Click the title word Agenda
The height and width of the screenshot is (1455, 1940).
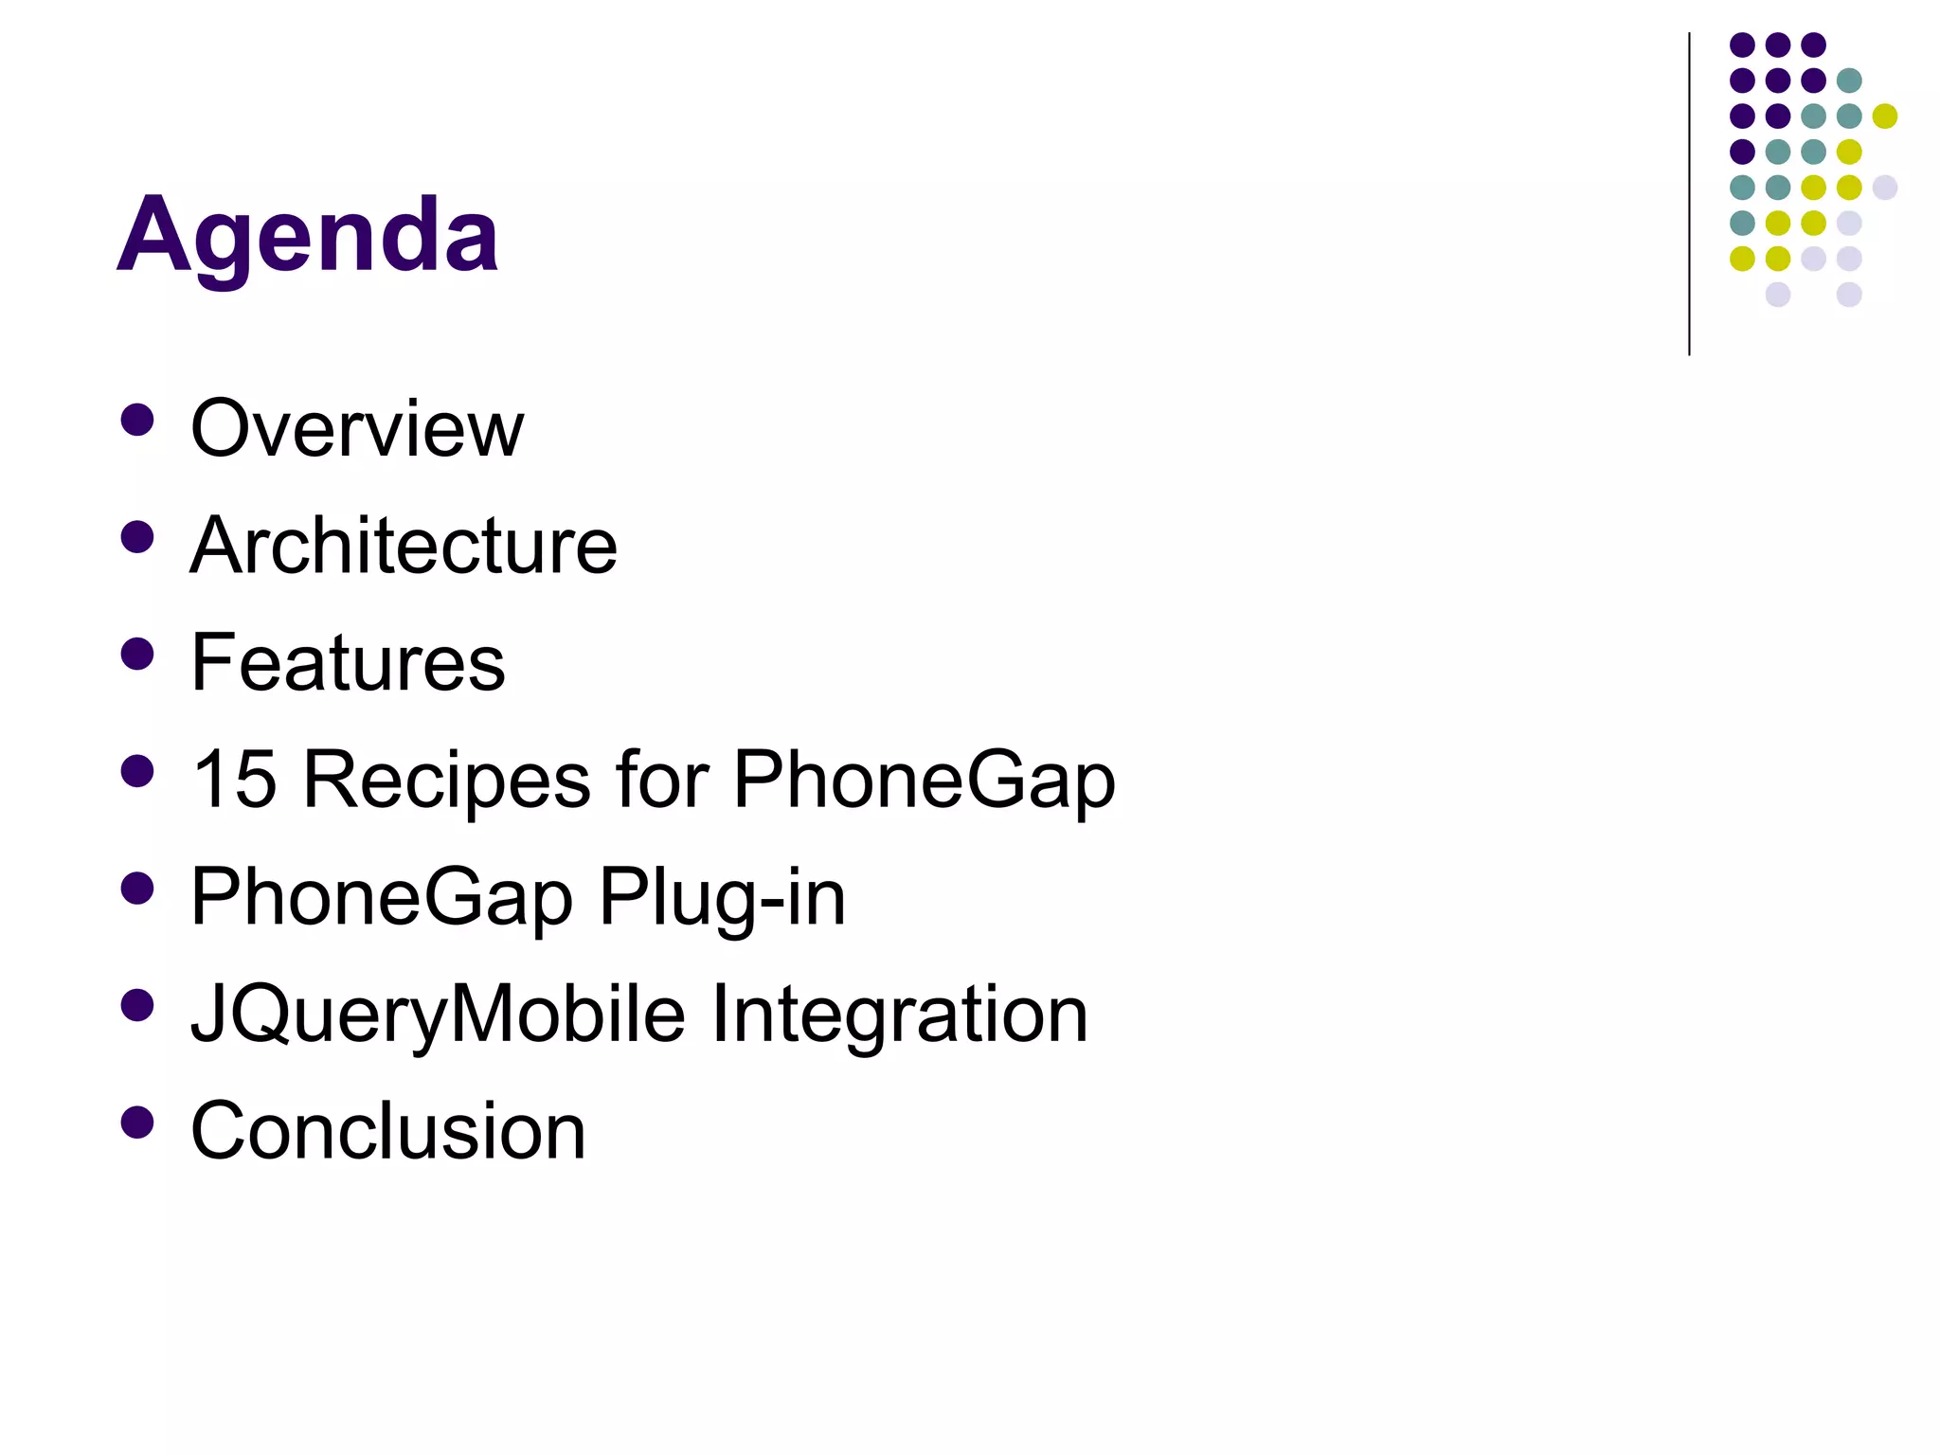coord(308,235)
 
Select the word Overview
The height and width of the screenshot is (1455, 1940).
coord(357,428)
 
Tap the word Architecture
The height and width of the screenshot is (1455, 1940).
coord(404,546)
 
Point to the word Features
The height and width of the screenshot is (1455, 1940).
coord(348,662)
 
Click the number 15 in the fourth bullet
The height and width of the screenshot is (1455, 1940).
coord(234,779)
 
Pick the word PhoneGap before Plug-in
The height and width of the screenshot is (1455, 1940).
coord(382,896)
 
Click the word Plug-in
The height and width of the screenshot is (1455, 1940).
coord(722,896)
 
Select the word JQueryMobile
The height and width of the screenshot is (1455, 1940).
coord(438,1014)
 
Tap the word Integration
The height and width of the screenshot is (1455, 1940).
coord(899,1014)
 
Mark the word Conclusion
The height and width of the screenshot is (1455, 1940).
coord(388,1130)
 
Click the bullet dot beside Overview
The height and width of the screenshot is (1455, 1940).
coord(138,420)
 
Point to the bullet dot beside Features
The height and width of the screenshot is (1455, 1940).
coord(138,654)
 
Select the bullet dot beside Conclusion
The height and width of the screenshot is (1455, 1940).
coord(138,1122)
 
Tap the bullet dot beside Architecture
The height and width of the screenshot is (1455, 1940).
coord(138,537)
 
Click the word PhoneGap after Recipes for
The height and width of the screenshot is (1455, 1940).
coord(925,779)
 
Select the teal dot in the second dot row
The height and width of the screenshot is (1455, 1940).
coord(1849,81)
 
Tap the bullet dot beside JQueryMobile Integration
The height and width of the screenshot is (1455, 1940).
coord(138,1005)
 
